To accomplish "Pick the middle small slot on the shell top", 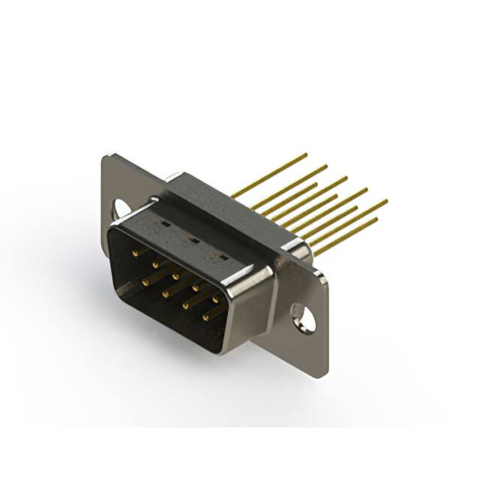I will [x=192, y=241].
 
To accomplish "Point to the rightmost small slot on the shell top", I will [x=221, y=256].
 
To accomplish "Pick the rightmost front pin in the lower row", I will [x=205, y=316].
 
